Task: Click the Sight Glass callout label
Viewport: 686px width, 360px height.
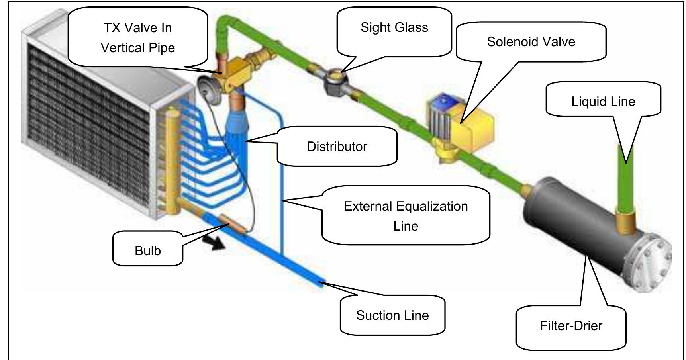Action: pos(394,28)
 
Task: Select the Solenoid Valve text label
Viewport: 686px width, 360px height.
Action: pos(531,42)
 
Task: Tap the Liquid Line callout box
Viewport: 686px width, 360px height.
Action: pos(603,101)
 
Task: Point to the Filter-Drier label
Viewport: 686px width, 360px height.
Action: pos(570,326)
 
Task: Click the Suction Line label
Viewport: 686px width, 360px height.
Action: pos(392,315)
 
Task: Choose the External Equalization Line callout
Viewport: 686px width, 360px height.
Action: pos(406,216)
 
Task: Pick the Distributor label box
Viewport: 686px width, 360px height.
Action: pos(337,147)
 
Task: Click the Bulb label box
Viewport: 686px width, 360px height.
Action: pos(147,250)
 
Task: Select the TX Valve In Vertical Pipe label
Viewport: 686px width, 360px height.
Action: pos(137,38)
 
